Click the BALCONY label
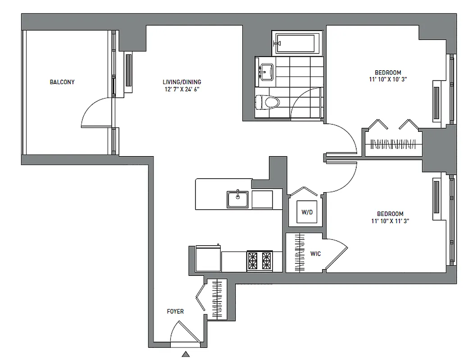point(62,82)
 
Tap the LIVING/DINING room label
point(182,82)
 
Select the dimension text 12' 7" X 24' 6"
point(182,89)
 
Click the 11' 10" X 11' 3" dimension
point(390,221)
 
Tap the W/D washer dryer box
point(306,212)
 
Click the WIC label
point(315,254)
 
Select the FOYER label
point(175,311)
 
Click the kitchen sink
point(237,199)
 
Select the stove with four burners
point(260,261)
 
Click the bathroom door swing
point(304,102)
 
